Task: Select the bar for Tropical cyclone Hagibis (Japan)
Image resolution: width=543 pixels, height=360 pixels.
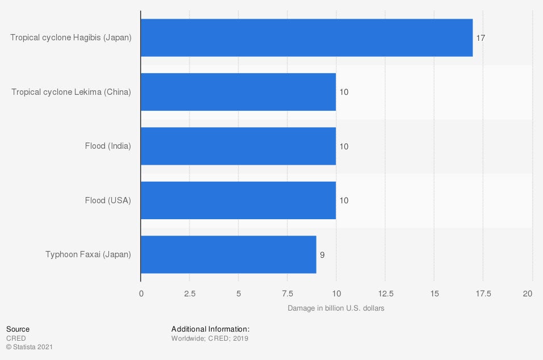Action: (x=306, y=37)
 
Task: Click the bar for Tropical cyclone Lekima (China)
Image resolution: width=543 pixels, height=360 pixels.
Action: (x=238, y=92)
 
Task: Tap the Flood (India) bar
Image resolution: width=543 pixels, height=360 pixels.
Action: (x=238, y=146)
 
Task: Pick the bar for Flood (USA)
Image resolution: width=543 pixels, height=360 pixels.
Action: (x=238, y=200)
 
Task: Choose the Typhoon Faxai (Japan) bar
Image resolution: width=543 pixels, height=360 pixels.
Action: (x=228, y=254)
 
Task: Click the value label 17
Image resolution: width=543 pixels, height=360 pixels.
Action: (x=481, y=38)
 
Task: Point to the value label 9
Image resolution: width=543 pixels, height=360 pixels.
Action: (x=322, y=255)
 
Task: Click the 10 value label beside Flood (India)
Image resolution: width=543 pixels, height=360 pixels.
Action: (x=343, y=146)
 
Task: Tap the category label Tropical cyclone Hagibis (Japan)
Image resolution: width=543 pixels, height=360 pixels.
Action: (x=71, y=38)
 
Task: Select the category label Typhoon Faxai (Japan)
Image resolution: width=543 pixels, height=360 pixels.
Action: (x=88, y=254)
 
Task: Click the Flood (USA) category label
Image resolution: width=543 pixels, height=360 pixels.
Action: (x=108, y=200)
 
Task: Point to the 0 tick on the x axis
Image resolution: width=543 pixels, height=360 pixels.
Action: (x=141, y=294)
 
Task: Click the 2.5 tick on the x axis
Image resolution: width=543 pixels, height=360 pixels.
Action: (x=190, y=294)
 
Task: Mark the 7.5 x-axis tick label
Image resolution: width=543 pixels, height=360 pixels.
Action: (x=287, y=294)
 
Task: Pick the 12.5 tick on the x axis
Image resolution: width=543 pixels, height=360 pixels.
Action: (x=385, y=294)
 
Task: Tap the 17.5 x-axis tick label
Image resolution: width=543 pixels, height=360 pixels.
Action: (x=483, y=294)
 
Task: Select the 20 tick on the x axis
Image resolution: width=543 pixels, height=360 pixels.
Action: (x=528, y=294)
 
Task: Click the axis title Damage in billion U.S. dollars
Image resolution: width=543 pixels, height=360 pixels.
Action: (x=336, y=308)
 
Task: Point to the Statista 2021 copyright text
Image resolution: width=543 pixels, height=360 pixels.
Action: (x=30, y=346)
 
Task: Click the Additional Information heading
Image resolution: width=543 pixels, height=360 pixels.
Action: (x=211, y=329)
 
